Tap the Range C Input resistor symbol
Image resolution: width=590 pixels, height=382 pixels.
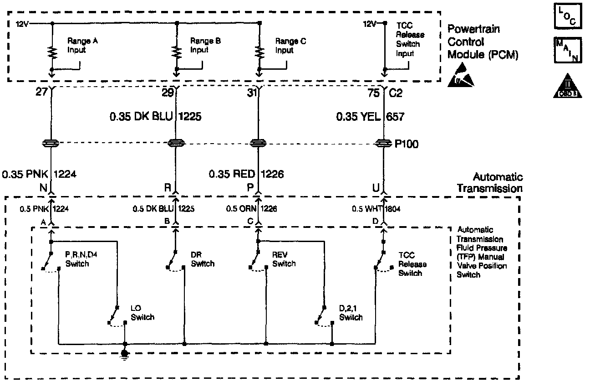(259, 52)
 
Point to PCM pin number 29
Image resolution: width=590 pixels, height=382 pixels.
(168, 93)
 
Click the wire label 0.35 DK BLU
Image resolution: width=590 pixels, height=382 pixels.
(141, 117)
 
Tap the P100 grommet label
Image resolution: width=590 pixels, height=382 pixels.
(407, 144)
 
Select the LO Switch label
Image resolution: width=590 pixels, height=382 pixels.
(142, 314)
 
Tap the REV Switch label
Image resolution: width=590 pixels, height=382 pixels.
(284, 260)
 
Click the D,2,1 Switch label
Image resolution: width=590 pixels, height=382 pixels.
(351, 314)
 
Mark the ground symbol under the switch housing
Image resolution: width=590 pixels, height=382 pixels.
(124, 354)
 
